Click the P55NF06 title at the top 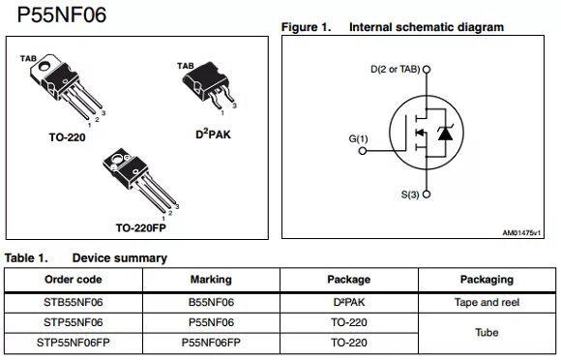56,15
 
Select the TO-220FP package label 142,228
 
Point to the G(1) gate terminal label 359,139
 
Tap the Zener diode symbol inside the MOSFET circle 444,134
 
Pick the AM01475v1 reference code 522,232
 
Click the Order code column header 74,280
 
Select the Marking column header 211,280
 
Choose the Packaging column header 487,280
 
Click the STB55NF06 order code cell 74,302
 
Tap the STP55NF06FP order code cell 74,343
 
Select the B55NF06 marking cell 211,302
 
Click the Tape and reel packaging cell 487,302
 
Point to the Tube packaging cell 487,332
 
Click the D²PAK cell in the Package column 348,302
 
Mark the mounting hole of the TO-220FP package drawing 120,160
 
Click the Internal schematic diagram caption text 427,27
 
